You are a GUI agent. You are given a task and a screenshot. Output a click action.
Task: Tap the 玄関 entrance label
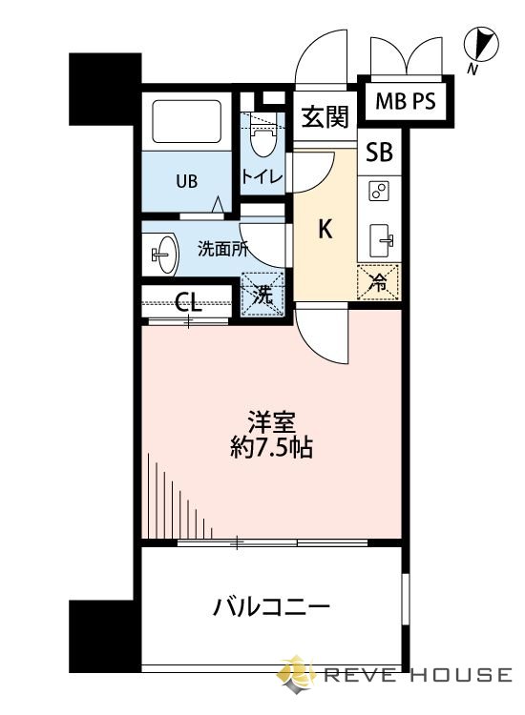coord(325,117)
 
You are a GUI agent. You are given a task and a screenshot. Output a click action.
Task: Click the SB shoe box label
coord(379,153)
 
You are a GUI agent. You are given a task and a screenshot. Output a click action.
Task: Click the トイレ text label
coord(260,176)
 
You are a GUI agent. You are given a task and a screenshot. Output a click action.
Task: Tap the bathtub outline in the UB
coord(187,121)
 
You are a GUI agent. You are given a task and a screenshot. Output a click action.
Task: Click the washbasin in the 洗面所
coord(164,254)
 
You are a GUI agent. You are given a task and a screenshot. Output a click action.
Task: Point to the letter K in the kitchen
coord(325,229)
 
